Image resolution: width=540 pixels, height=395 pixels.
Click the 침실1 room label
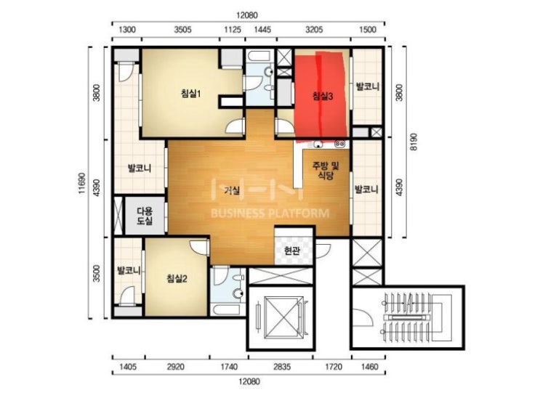(191, 93)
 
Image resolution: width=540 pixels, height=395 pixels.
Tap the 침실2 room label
(177, 278)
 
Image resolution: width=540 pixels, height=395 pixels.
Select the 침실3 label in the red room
(323, 96)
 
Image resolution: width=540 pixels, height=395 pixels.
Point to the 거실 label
(232, 190)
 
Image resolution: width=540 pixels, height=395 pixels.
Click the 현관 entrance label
(292, 251)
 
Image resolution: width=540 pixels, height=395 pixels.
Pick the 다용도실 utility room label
(145, 216)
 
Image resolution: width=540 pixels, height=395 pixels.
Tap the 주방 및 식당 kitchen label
(326, 171)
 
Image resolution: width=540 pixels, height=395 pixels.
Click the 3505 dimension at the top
(182, 30)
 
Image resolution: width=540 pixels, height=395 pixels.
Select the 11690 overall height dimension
(82, 183)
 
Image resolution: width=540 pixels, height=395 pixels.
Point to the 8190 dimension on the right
(414, 142)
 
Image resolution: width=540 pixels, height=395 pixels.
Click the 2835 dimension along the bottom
(282, 367)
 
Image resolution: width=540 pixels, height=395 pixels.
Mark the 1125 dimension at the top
(233, 30)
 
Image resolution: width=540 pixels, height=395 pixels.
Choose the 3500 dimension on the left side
(97, 274)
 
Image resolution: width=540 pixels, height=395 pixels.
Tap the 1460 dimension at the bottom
(368, 367)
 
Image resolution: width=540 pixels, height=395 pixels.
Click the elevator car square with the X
(283, 318)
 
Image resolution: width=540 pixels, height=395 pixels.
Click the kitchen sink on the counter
(318, 144)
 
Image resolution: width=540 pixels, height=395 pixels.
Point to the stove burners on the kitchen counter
(340, 144)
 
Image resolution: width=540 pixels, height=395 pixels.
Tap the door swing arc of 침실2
(197, 245)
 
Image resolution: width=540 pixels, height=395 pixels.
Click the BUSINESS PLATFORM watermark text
(270, 213)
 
